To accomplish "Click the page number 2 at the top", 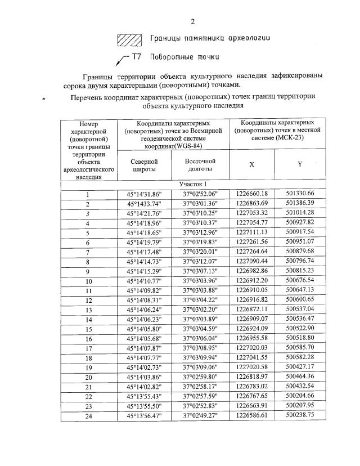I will point(192,22).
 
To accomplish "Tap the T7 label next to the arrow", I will point(137,57).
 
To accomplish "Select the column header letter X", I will point(251,164).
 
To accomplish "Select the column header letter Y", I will point(300,164).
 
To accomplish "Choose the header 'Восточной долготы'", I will point(200,165).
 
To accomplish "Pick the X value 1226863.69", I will point(251,203).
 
